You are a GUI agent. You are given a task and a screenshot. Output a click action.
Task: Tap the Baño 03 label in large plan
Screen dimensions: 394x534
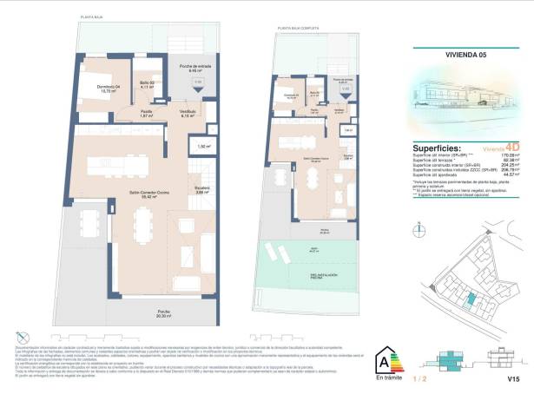click(146, 85)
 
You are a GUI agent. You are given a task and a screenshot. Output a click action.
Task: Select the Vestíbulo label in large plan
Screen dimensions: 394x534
click(187, 113)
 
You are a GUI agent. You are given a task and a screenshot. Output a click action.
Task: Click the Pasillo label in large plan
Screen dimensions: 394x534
click(148, 113)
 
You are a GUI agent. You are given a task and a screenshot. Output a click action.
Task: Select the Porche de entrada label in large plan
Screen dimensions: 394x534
click(196, 69)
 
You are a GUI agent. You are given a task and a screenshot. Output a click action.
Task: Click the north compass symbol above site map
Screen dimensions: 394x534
click(418, 228)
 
